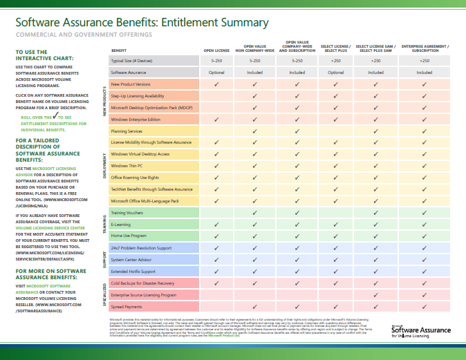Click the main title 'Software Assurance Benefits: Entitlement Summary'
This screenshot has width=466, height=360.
pyautogui.click(x=142, y=22)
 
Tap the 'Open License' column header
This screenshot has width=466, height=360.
pyautogui.click(x=216, y=51)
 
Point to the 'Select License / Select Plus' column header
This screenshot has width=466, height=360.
pyautogui.click(x=336, y=48)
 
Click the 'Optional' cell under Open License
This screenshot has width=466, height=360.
pyautogui.click(x=216, y=72)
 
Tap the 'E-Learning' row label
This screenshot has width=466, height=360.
pyautogui.click(x=120, y=225)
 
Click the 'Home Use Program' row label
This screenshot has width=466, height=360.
pyautogui.click(x=129, y=236)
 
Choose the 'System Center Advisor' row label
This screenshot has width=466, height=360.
pyautogui.click(x=132, y=260)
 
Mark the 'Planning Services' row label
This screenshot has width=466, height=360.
pyautogui.click(x=127, y=131)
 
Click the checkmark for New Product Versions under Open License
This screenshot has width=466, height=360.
pyautogui.click(x=216, y=84)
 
